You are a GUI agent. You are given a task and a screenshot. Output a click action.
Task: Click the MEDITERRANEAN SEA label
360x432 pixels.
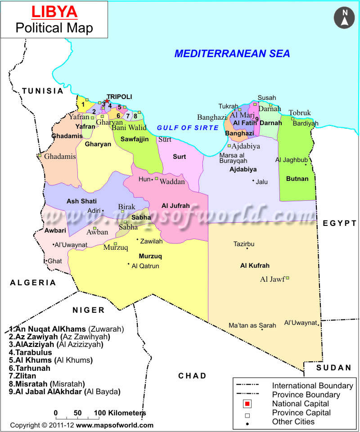tap(232, 54)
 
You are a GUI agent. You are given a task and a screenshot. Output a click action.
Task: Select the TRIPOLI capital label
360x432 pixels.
tap(119, 97)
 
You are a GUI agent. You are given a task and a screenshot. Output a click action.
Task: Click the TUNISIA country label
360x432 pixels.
tap(43, 91)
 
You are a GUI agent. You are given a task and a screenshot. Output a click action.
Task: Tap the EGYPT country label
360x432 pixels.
tap(340, 223)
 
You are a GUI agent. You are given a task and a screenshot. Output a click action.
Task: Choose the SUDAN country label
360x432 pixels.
tap(333, 368)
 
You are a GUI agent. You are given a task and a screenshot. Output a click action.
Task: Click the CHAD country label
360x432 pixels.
tap(192, 376)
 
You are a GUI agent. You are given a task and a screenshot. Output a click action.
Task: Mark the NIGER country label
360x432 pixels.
tap(89, 310)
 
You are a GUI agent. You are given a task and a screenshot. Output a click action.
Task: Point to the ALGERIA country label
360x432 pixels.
tap(33, 283)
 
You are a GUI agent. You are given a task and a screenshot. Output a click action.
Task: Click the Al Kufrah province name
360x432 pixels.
tap(255, 265)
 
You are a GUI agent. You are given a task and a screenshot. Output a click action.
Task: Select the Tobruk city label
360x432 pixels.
tap(300, 112)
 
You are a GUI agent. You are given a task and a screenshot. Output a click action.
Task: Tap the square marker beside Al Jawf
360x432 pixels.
tap(288, 278)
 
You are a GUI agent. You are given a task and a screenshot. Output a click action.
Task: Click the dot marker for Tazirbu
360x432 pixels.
tap(247, 248)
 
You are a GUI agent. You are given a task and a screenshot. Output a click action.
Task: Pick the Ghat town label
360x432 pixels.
tap(55, 261)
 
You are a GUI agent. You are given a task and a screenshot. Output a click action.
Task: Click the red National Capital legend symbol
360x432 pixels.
tap(247, 404)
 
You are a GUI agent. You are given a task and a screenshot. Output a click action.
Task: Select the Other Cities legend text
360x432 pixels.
tap(293, 422)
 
